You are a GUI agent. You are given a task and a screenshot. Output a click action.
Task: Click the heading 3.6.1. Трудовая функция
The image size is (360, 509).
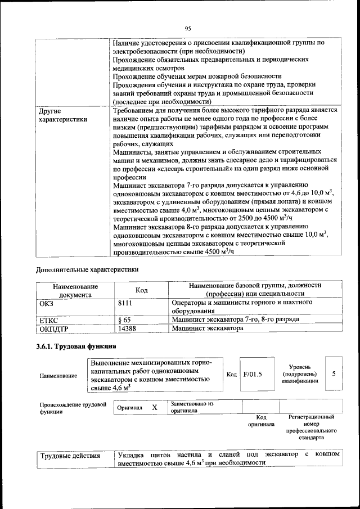coord(76,346)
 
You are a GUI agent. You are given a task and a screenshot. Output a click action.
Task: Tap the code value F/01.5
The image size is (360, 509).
coord(253,373)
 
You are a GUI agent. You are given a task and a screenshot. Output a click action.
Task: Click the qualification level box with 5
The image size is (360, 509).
coord(334,373)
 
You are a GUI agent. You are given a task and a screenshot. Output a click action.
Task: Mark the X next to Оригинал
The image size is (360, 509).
coord(154,407)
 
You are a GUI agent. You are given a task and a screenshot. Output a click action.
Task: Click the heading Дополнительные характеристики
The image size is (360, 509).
coord(87,269)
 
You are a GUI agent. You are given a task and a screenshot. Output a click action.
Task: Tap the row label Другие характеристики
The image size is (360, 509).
coord(62,115)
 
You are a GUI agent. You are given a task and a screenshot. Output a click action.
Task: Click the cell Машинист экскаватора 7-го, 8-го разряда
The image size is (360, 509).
coord(235,319)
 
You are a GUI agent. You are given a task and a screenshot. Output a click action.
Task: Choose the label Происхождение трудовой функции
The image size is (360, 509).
coord(73,407)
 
